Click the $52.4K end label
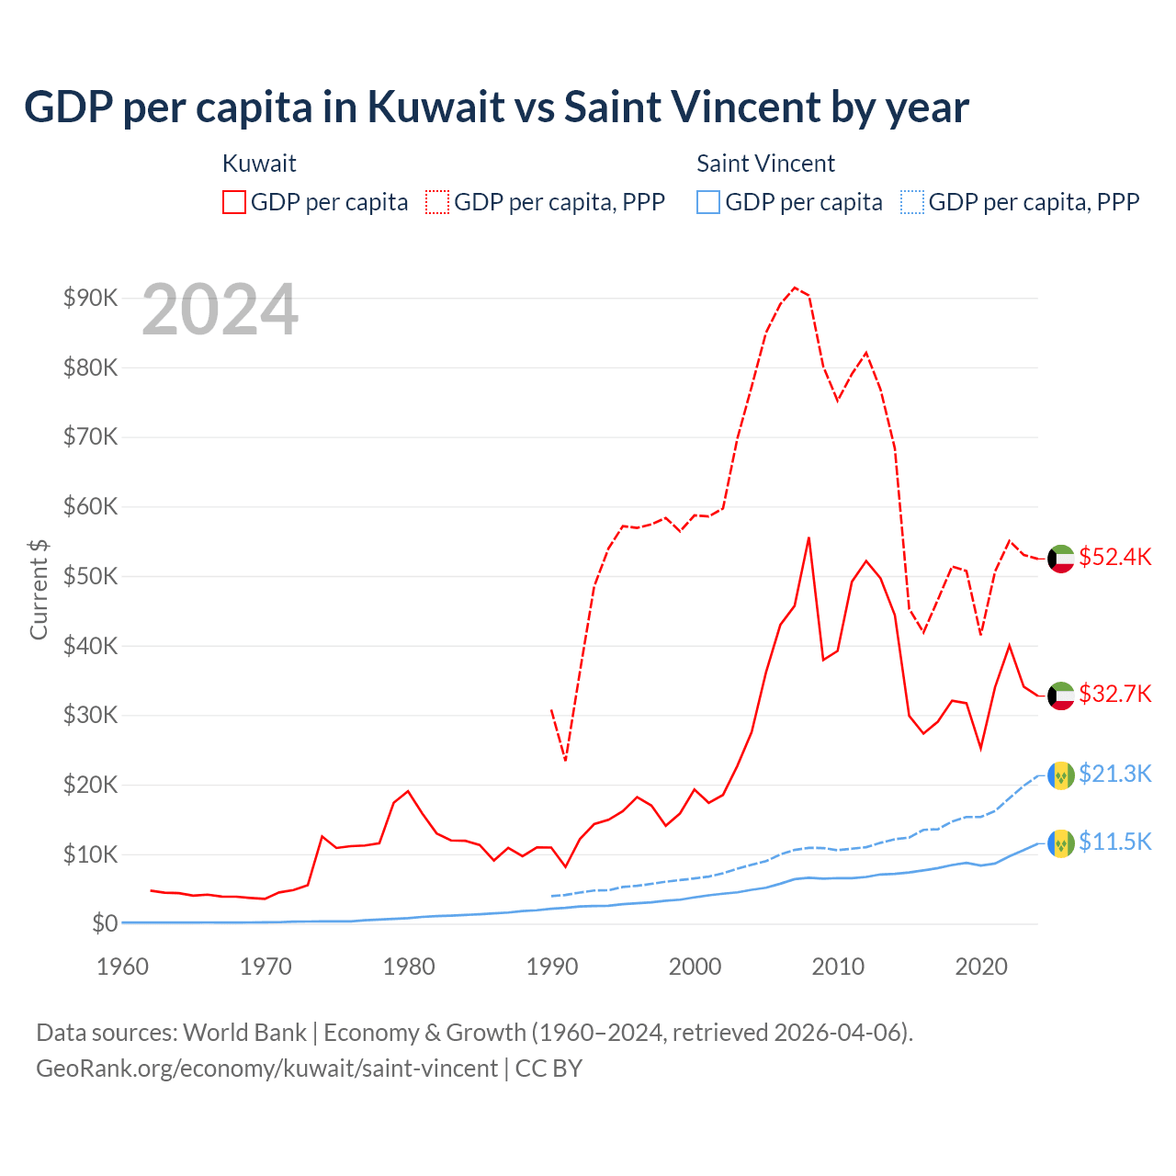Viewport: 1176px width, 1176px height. tap(1114, 558)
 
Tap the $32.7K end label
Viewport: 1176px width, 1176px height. tap(1114, 694)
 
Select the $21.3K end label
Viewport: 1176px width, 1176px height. tap(1114, 774)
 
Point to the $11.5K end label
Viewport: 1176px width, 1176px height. tap(1114, 842)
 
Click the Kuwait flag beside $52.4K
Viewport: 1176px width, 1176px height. tap(1061, 559)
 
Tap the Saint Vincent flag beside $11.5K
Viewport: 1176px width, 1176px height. tap(1061, 842)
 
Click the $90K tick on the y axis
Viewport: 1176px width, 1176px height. tap(91, 298)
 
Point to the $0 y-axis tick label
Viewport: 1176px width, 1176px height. tap(105, 923)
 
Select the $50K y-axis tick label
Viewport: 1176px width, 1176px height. tap(91, 576)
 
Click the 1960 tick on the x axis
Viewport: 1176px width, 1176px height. tap(123, 967)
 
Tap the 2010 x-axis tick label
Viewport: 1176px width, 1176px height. tap(838, 967)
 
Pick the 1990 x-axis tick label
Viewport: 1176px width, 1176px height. tap(552, 967)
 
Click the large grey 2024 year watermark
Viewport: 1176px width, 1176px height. tap(220, 310)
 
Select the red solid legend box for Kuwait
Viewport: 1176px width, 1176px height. tap(234, 202)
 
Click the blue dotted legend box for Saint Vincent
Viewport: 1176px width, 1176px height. tap(912, 202)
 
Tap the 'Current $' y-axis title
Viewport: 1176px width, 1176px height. tap(39, 589)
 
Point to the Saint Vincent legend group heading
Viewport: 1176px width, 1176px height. tap(765, 164)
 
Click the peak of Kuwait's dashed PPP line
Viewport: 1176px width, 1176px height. tap(795, 288)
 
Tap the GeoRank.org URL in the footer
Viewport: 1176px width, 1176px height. tap(266, 1069)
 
